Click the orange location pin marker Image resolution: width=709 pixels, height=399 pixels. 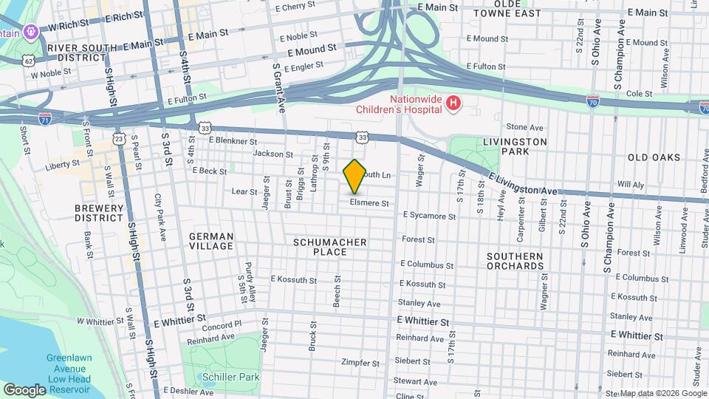[x=354, y=177]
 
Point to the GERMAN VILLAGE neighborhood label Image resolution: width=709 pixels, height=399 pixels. [x=211, y=242]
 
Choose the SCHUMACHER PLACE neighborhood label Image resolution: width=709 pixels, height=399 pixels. [x=330, y=247]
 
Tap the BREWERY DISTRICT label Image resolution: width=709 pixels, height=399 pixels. [x=98, y=213]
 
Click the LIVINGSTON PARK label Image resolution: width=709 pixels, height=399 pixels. [x=515, y=146]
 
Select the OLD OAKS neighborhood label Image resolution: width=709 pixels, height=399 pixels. [x=653, y=157]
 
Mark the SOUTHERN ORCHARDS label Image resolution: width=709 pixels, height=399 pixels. [x=515, y=261]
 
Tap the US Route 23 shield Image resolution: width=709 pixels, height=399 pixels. [x=119, y=138]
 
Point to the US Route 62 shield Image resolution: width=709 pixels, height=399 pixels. [x=28, y=60]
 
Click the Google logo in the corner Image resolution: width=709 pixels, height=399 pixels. [x=24, y=389]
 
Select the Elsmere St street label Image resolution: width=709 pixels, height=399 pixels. [x=369, y=202]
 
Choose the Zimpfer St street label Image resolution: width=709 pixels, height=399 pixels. [x=360, y=363]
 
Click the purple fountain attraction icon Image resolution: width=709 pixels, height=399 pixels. [x=30, y=33]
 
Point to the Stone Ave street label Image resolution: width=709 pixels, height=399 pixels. [x=524, y=127]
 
